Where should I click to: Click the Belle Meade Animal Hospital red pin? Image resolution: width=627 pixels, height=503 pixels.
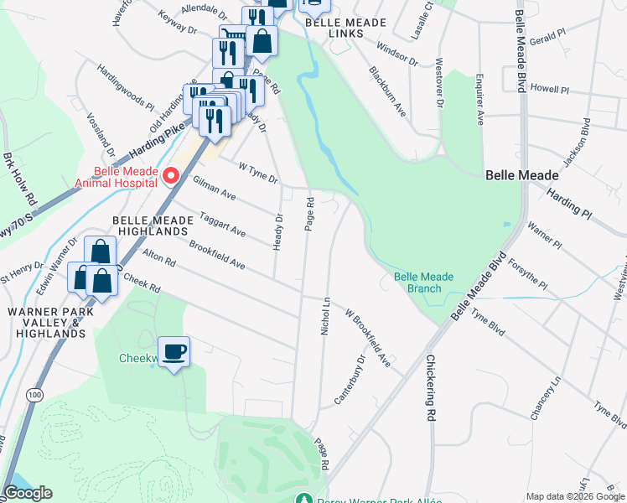[x=171, y=175]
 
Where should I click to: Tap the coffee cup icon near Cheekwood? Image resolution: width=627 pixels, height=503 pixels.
[x=174, y=352]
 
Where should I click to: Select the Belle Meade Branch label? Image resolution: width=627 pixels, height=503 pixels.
[x=423, y=283]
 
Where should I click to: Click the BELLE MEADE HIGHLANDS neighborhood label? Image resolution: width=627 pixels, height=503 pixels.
[x=151, y=226]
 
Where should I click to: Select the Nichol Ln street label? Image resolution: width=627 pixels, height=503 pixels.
[x=325, y=315]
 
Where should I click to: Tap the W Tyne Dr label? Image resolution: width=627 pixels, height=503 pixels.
[x=258, y=173]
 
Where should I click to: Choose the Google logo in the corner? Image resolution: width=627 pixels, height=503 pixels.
[x=28, y=493]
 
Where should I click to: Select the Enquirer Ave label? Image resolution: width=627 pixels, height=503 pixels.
[x=479, y=105]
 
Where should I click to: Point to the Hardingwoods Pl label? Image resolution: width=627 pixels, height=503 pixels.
[x=125, y=86]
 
